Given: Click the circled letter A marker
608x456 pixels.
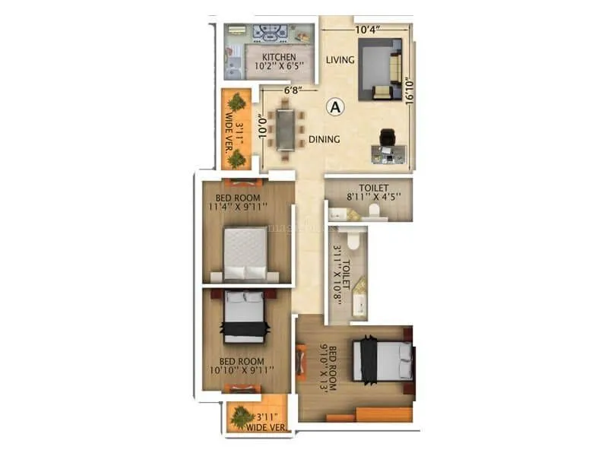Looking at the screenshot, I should pyautogui.click(x=334, y=107).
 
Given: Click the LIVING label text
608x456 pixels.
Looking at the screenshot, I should pyautogui.click(x=340, y=60).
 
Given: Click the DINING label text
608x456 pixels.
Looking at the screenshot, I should pyautogui.click(x=324, y=140).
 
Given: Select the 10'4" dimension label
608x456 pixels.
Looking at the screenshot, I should pyautogui.click(x=366, y=30).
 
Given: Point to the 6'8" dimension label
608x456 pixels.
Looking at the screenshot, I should pyautogui.click(x=293, y=90).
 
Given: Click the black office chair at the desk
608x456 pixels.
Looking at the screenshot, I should pyautogui.click(x=387, y=137).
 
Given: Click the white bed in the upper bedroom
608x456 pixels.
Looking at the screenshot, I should pyautogui.click(x=245, y=253).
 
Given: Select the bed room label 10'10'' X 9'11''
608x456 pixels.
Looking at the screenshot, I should pyautogui.click(x=242, y=366).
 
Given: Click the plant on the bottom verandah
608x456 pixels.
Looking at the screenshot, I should pyautogui.click(x=242, y=416).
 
